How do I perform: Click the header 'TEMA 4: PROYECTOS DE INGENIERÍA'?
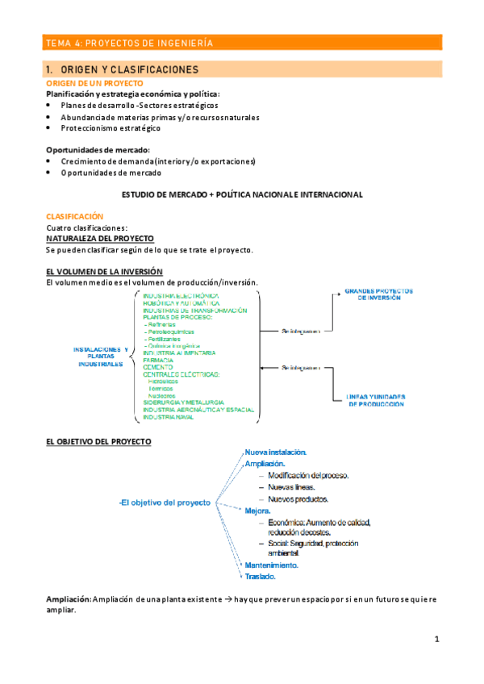pyautogui.click(x=129, y=44)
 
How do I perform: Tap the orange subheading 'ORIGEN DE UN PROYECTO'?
pyautogui.click(x=94, y=83)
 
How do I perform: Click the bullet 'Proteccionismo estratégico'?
pyautogui.click(x=111, y=127)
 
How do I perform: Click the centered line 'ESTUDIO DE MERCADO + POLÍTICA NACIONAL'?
pyautogui.click(x=242, y=194)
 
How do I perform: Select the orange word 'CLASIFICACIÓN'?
pyautogui.click(x=75, y=217)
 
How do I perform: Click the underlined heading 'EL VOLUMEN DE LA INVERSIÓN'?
pyautogui.click(x=104, y=272)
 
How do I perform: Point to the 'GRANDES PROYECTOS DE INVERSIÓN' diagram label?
pyautogui.click(x=378, y=294)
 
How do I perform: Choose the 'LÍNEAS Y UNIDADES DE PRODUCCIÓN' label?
pyautogui.click(x=377, y=400)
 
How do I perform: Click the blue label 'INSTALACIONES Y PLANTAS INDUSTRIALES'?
pyautogui.click(x=101, y=357)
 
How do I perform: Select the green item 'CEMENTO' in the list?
pyautogui.click(x=158, y=367)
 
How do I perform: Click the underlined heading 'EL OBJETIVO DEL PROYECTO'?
pyautogui.click(x=98, y=442)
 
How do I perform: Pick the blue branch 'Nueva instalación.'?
pyautogui.click(x=275, y=453)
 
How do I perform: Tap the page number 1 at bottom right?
pyautogui.click(x=436, y=639)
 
